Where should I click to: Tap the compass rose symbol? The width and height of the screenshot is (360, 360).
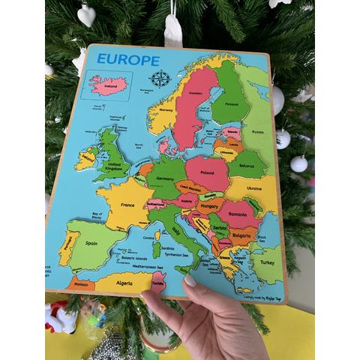(160, 77)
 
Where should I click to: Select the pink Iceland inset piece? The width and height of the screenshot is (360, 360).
(109, 82)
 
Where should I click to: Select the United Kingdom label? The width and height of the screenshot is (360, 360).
(114, 166)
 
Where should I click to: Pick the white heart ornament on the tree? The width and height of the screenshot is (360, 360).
(86, 15)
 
